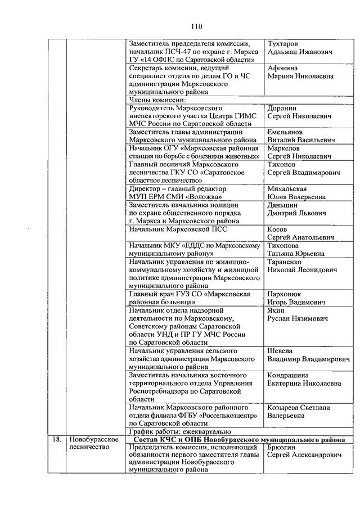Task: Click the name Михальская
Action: pyautogui.click(x=288, y=189)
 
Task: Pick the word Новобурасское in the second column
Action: pyautogui.click(x=93, y=439)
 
